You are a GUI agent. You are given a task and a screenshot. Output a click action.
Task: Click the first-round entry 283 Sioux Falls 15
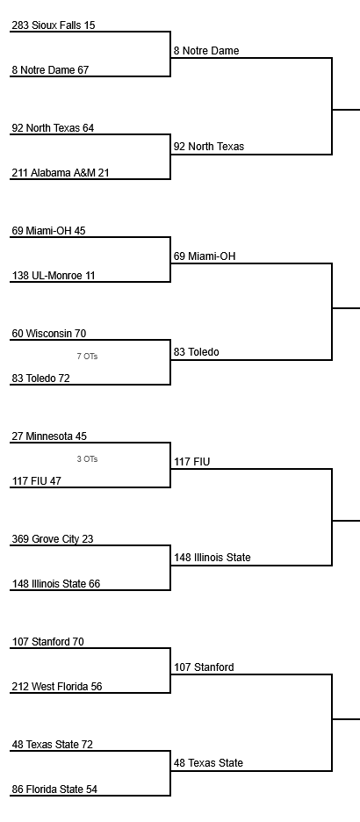tap(54, 25)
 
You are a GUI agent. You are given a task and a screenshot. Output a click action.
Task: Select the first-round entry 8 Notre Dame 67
tap(50, 69)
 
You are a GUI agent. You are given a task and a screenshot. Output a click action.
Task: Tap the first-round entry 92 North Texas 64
tap(53, 128)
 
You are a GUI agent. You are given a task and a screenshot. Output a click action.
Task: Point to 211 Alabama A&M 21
tap(61, 172)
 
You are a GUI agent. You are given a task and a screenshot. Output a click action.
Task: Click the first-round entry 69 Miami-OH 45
tap(49, 231)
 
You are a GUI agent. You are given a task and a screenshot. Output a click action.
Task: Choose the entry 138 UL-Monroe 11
tap(54, 275)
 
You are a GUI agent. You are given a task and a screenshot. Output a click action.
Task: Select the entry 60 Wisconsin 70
tap(49, 334)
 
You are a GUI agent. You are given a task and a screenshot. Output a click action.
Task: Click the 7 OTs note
tap(87, 357)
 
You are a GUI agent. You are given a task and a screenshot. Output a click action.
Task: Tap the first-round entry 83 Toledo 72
tap(41, 378)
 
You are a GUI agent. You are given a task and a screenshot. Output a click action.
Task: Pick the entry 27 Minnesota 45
tap(49, 436)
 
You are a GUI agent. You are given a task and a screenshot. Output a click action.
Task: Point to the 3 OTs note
tap(87, 459)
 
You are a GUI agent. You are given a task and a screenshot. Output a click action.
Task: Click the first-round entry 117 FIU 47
tap(37, 480)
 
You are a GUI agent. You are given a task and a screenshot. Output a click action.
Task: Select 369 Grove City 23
tap(53, 539)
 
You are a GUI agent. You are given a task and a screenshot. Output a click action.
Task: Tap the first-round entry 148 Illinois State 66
tap(56, 583)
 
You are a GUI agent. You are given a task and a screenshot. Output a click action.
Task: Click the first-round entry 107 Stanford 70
tap(47, 642)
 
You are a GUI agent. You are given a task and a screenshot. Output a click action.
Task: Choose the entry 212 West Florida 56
tap(57, 686)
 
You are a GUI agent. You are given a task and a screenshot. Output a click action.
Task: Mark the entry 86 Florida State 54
tap(54, 789)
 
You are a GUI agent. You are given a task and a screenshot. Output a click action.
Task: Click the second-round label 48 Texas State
tap(209, 763)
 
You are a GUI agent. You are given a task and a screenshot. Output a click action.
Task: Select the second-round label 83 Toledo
tap(197, 352)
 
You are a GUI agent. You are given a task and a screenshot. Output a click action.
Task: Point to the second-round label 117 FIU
tap(191, 462)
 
